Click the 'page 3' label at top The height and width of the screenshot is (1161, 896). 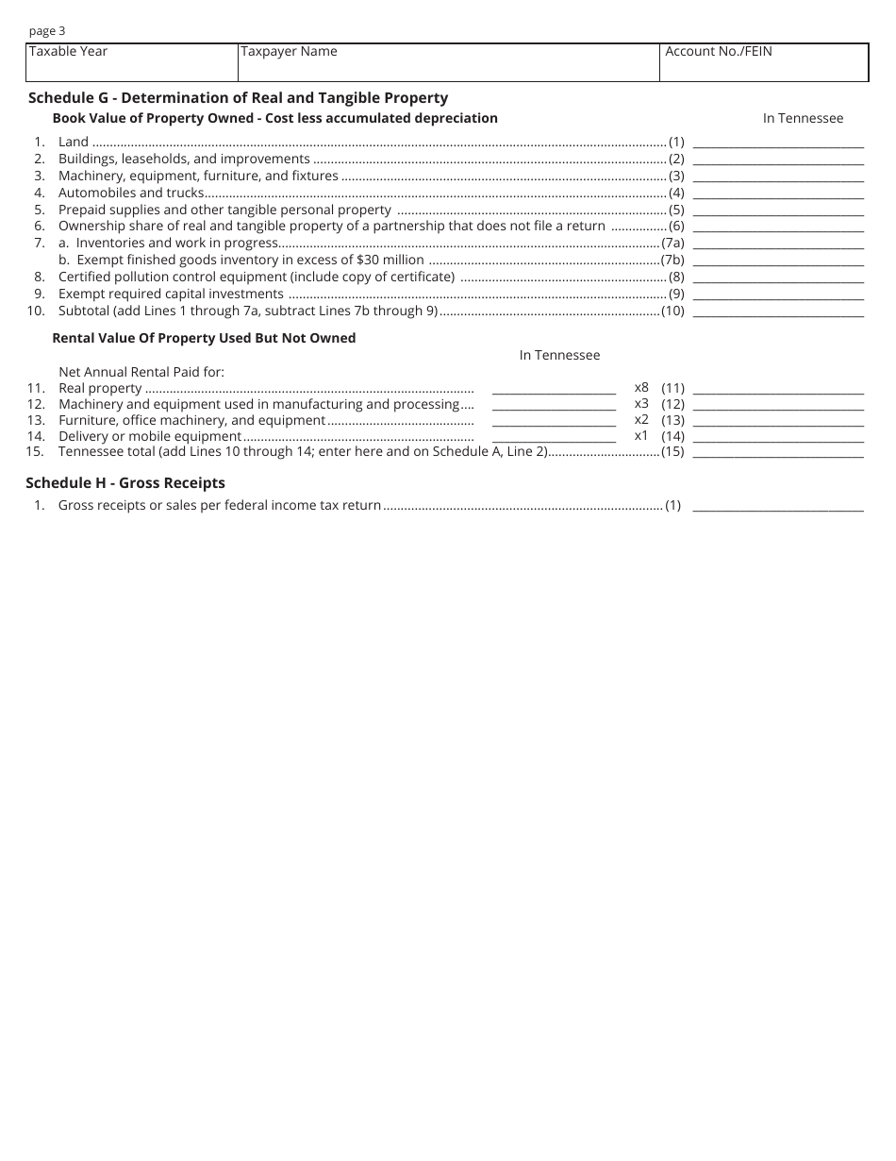point(47,31)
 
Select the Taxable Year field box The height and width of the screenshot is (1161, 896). point(131,62)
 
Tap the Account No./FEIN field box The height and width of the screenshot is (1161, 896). point(764,62)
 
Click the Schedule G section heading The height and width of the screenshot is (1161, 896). point(238,97)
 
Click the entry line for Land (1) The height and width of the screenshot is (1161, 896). point(778,143)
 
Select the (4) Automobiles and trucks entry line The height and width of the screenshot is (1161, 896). point(778,194)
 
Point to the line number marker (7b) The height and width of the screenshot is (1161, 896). point(672,260)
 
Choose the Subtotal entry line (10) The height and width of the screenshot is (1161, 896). point(778,312)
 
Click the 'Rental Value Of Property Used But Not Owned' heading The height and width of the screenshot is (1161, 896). point(204,338)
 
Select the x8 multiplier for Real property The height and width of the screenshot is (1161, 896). point(641,387)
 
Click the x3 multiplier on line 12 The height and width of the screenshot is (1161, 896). point(641,403)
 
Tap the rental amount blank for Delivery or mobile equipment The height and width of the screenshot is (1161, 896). point(554,438)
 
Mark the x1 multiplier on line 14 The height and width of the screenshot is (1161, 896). point(641,435)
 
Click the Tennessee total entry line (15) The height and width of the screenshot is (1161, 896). point(778,454)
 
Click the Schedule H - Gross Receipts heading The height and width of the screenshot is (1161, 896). point(125,483)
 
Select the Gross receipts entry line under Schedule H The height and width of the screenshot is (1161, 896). point(778,507)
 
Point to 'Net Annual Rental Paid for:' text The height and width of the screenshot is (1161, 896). point(141,372)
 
